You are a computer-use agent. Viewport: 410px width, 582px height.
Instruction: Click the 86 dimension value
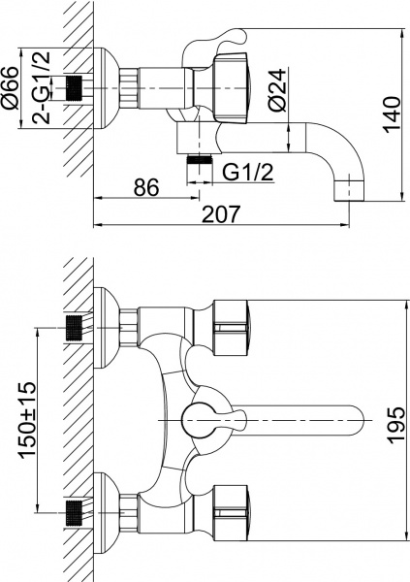click(145, 187)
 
